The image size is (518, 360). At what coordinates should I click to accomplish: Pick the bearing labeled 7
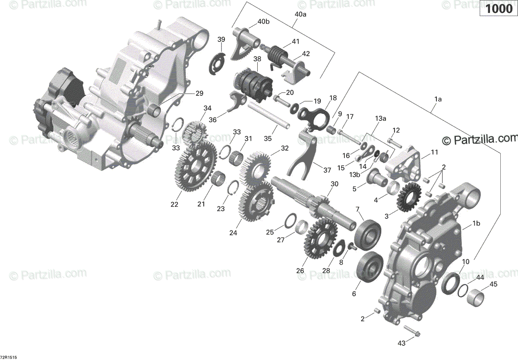click(368, 234)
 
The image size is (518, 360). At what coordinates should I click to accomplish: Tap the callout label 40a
click(300, 14)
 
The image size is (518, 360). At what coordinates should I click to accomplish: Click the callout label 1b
click(476, 223)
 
